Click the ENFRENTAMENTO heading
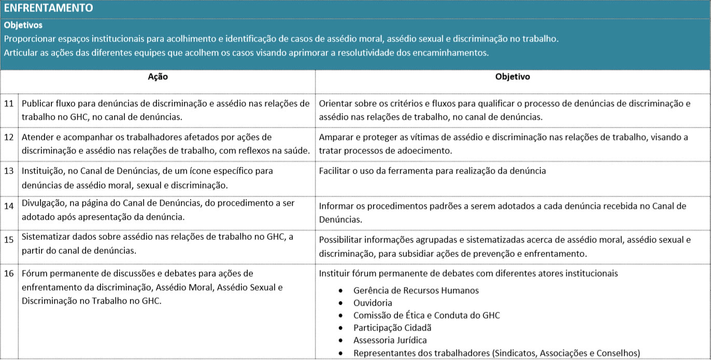point(48,8)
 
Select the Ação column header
point(158,77)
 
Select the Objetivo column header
point(513,77)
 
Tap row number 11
point(9,103)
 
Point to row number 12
point(9,137)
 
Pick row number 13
point(9,171)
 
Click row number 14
point(9,206)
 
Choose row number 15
point(9,240)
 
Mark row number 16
point(9,273)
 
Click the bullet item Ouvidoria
point(373,303)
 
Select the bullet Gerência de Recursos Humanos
point(416,291)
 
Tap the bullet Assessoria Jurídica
point(390,340)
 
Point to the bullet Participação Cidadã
point(392,328)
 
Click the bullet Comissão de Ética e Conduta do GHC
point(426,315)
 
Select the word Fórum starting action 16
point(34,273)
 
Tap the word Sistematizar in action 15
point(46,237)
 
